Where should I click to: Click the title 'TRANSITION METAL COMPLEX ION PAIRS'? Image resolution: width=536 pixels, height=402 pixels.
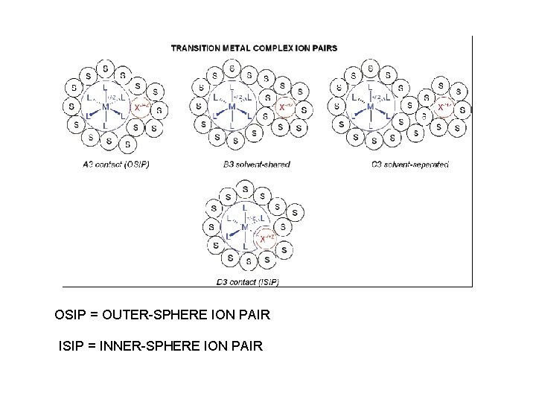pyautogui.click(x=254, y=48)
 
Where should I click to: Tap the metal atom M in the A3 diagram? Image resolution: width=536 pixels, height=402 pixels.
pyautogui.click(x=106, y=107)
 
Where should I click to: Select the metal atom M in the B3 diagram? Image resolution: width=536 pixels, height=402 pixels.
pyautogui.click(x=232, y=107)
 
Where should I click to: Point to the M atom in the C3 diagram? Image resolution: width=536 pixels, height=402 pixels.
pyautogui.click(x=371, y=107)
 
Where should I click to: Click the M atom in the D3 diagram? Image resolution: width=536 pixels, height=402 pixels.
pyautogui.click(x=243, y=228)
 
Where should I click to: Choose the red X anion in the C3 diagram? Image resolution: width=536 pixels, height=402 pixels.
pyautogui.click(x=444, y=107)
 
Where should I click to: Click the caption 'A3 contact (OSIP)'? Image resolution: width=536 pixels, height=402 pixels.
pyautogui.click(x=117, y=164)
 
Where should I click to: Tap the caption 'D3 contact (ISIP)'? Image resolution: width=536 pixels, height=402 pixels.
pyautogui.click(x=247, y=281)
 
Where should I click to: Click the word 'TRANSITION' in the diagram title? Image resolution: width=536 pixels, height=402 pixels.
pyautogui.click(x=195, y=48)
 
